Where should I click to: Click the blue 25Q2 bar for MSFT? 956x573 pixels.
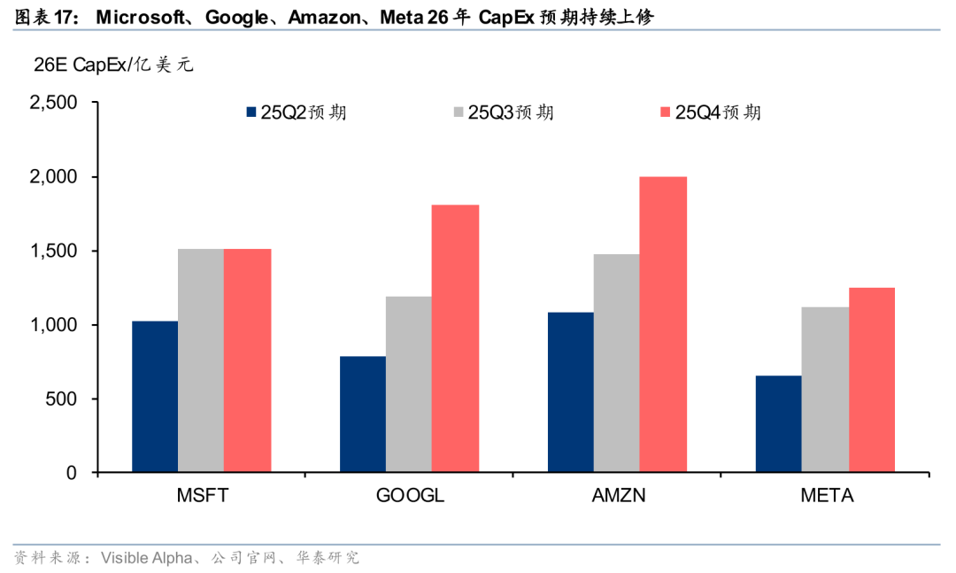(155, 397)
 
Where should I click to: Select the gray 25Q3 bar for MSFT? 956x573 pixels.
(201, 360)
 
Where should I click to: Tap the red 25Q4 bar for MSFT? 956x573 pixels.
(247, 360)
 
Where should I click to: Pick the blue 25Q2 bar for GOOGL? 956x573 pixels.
(363, 414)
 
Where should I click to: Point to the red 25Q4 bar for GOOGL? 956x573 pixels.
(455, 338)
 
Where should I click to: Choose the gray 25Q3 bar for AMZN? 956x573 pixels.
(617, 363)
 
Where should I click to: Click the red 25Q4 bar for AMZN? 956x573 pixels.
(663, 324)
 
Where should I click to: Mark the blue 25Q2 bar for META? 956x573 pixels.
(778, 424)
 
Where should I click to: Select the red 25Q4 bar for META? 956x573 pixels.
(871, 380)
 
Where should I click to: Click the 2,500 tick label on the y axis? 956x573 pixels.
(53, 103)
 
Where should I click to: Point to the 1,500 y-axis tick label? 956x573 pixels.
(53, 251)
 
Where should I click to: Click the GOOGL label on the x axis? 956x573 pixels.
(410, 496)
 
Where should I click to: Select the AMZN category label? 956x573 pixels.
(618, 496)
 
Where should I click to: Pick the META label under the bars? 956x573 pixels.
(826, 496)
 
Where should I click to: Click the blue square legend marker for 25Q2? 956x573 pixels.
(251, 112)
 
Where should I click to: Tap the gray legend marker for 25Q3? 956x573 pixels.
(459, 112)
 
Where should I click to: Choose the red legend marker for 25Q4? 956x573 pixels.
(666, 112)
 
